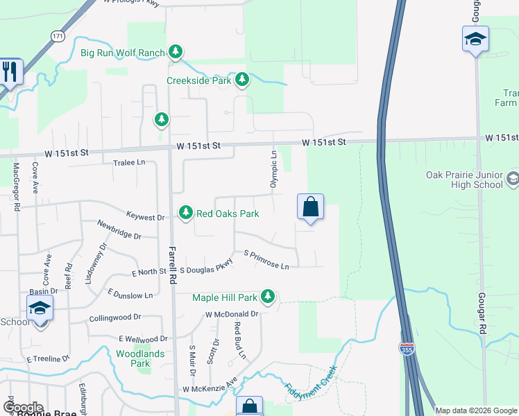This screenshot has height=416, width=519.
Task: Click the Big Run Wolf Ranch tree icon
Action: click(x=176, y=52)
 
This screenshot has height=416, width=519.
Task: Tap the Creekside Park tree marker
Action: click(x=242, y=80)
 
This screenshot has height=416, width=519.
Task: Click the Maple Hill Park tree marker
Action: click(x=268, y=298)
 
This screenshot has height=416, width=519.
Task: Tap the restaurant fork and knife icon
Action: click(x=10, y=71)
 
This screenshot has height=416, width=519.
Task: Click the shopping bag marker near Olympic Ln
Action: click(x=310, y=207)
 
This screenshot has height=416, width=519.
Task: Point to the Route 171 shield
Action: click(x=58, y=35)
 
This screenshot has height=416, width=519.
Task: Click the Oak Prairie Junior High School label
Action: click(x=464, y=180)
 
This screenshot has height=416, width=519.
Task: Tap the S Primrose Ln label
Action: click(x=266, y=261)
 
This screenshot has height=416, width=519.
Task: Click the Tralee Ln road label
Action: click(x=129, y=162)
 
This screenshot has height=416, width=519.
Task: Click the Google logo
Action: click(x=22, y=408)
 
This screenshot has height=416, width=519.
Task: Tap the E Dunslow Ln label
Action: click(x=130, y=295)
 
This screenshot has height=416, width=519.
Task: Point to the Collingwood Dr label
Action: click(x=115, y=318)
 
